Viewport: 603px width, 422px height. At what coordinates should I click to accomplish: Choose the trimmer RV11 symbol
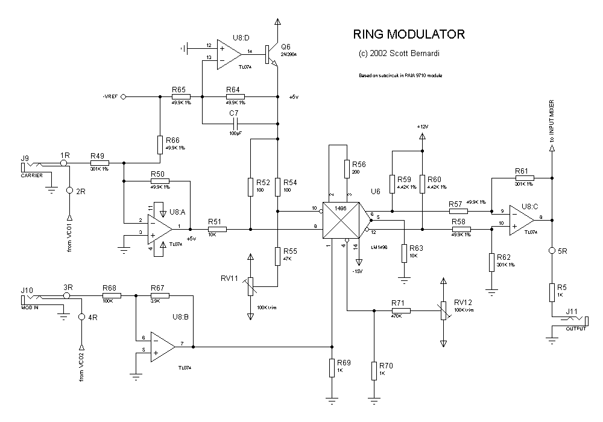[251, 282]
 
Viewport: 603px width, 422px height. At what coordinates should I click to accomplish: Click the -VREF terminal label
[110, 96]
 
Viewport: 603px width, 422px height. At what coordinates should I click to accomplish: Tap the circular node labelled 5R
[551, 250]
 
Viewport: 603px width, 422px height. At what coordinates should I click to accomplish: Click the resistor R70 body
[374, 370]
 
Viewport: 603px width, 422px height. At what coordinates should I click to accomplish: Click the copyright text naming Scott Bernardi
[399, 54]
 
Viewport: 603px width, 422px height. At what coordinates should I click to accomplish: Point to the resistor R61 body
[522, 178]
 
